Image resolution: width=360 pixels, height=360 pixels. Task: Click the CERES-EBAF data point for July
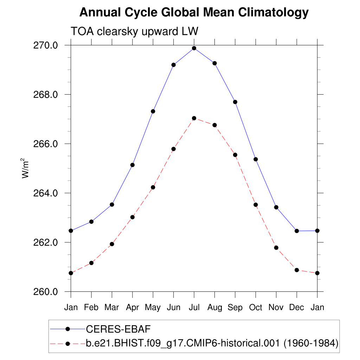pyautogui.click(x=194, y=48)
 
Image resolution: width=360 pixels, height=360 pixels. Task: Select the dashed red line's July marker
pyautogui.click(x=194, y=118)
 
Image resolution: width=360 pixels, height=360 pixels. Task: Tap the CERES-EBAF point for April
pyautogui.click(x=133, y=165)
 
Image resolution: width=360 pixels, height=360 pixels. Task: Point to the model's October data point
pyautogui.click(x=256, y=205)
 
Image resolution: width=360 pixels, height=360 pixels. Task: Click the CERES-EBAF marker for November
pyautogui.click(x=276, y=207)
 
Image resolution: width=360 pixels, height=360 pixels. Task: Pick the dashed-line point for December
pyautogui.click(x=297, y=270)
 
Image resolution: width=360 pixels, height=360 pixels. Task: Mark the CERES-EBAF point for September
pyautogui.click(x=235, y=102)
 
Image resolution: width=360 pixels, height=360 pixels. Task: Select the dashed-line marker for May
pyautogui.click(x=153, y=187)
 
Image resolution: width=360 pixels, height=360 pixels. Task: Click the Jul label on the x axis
pyautogui.click(x=194, y=308)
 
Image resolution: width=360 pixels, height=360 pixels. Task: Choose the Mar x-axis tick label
pyautogui.click(x=112, y=308)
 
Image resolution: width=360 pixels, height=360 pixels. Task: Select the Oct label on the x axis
pyautogui.click(x=256, y=308)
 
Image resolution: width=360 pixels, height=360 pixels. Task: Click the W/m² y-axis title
pyautogui.click(x=25, y=168)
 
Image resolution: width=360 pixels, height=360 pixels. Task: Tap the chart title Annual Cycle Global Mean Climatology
pyautogui.click(x=194, y=13)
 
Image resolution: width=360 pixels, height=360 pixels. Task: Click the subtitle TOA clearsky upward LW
pyautogui.click(x=135, y=31)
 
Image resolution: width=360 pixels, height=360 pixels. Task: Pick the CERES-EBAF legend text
pyautogui.click(x=118, y=329)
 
